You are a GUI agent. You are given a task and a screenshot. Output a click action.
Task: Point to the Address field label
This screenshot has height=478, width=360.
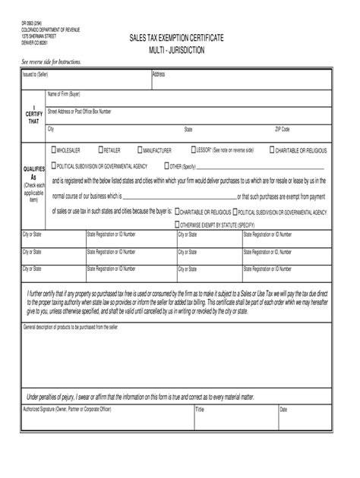(159, 74)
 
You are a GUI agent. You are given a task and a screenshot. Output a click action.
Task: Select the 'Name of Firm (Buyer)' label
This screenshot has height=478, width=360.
(65, 94)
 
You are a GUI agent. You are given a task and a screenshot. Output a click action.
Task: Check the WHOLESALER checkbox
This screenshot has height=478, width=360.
(52, 150)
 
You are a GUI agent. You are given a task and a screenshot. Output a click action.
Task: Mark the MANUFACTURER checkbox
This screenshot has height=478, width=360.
(139, 150)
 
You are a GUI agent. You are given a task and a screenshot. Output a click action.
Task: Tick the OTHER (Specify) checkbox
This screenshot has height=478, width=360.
(166, 165)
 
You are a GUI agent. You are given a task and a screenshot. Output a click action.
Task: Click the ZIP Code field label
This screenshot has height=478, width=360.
(283, 130)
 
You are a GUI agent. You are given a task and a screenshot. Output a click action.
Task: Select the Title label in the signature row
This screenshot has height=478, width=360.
(201, 409)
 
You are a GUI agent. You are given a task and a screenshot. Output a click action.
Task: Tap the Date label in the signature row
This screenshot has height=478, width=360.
(283, 409)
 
